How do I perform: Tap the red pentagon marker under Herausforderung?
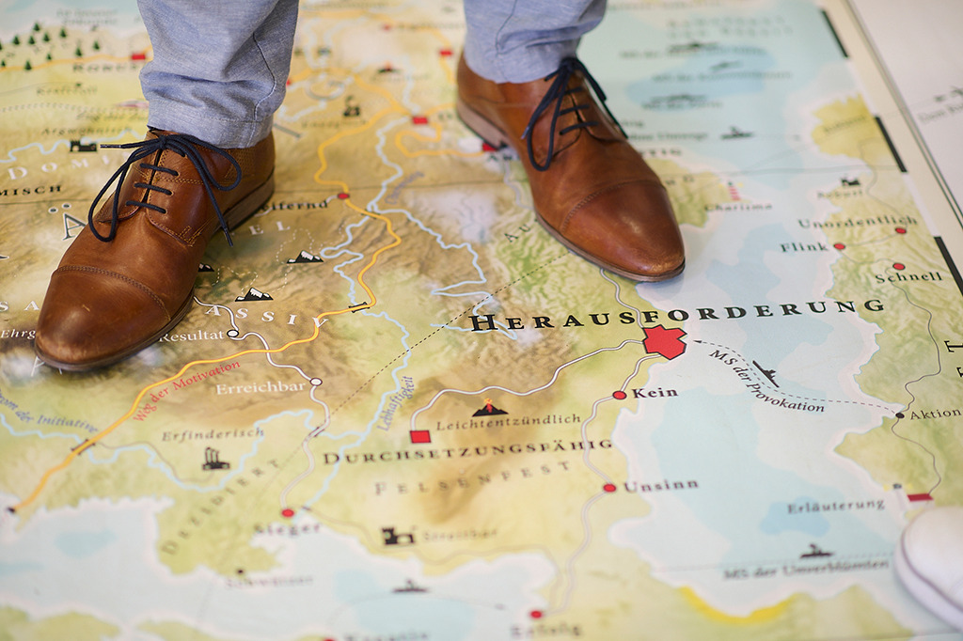coord(664,342)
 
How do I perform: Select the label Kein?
coord(655,393)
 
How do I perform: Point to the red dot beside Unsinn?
coord(609,488)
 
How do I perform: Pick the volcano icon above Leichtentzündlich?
coord(489,407)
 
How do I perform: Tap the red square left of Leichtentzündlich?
coord(419,436)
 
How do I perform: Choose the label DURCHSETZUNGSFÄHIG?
coord(467,452)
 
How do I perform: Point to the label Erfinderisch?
coord(213,434)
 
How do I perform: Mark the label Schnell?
coord(908,277)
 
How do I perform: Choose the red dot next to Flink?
coord(839,246)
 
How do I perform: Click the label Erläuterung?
coord(836,506)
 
